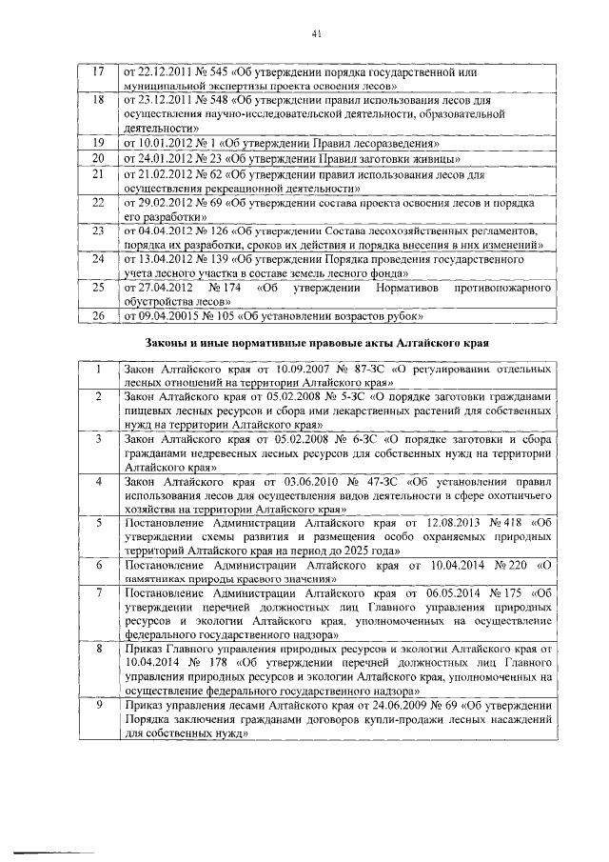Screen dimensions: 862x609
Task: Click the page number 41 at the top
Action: point(317,35)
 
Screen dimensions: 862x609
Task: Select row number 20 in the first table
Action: point(95,158)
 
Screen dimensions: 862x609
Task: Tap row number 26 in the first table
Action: point(95,315)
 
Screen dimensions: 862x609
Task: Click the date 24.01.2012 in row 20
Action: point(161,158)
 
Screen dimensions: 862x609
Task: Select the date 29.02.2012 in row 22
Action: point(161,203)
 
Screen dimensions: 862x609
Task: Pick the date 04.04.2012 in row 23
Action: point(161,231)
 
